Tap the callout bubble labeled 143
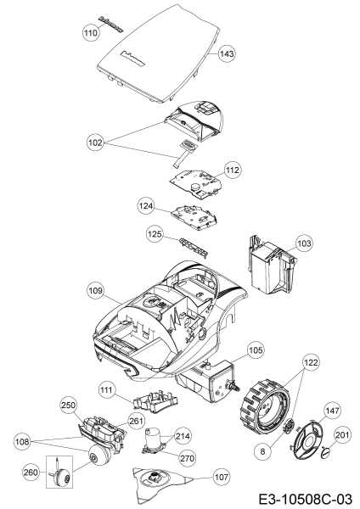click(x=226, y=53)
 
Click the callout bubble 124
click(x=147, y=204)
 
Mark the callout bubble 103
click(x=303, y=243)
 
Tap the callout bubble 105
click(x=255, y=350)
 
